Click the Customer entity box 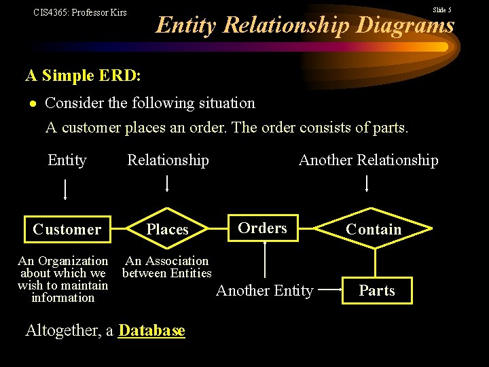[x=67, y=229]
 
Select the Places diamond [x=167, y=230]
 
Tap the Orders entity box [x=263, y=228]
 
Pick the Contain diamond [x=374, y=230]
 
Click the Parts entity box [x=377, y=291]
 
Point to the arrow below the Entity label [x=65, y=188]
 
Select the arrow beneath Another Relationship [x=367, y=183]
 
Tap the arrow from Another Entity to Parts [x=331, y=290]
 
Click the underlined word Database [x=151, y=331]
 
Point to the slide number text [x=441, y=10]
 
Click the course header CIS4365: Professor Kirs [x=80, y=12]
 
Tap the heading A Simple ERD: [x=83, y=75]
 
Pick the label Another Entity [x=264, y=291]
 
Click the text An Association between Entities [x=167, y=267]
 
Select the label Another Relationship [x=369, y=160]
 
